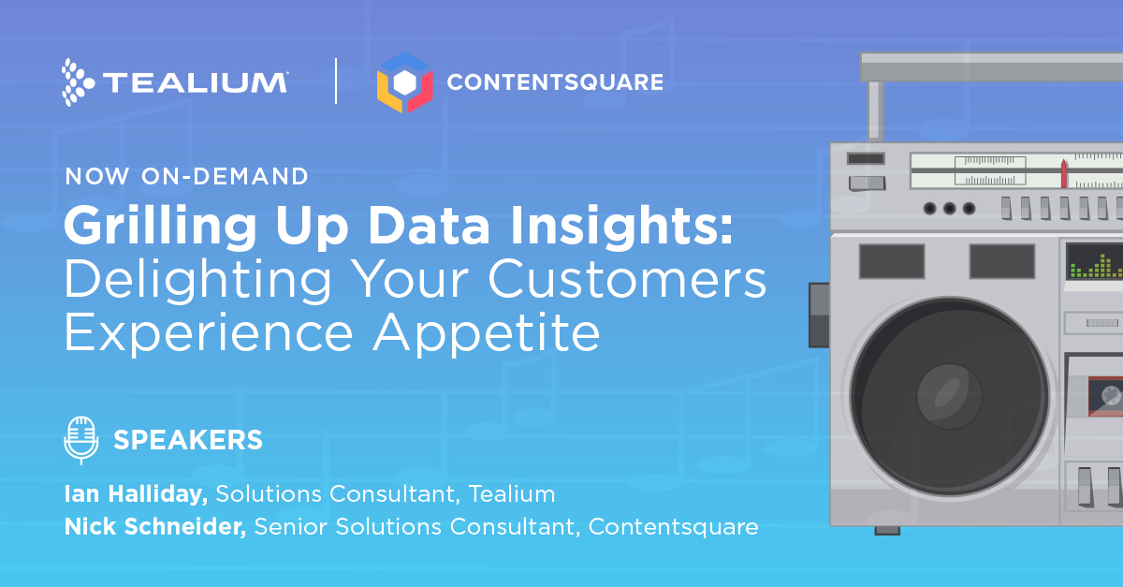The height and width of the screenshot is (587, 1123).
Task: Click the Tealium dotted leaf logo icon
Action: pyautogui.click(x=78, y=82)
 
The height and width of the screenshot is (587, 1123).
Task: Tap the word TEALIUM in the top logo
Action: pyautogui.click(x=195, y=82)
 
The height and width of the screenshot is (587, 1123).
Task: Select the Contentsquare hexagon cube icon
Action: pyautogui.click(x=404, y=82)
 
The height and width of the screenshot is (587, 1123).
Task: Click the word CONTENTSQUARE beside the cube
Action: pyautogui.click(x=555, y=82)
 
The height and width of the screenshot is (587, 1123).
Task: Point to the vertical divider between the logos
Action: pyautogui.click(x=336, y=81)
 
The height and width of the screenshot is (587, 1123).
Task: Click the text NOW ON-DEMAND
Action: pyautogui.click(x=186, y=176)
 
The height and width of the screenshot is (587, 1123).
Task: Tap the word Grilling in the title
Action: pyautogui.click(x=160, y=226)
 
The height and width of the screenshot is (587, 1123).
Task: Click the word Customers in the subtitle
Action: pyautogui.click(x=627, y=279)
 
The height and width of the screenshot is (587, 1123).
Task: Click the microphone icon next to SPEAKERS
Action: pyautogui.click(x=81, y=440)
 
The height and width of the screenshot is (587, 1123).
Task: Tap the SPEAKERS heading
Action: pyautogui.click(x=188, y=440)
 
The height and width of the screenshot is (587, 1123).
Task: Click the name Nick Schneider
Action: pyautogui.click(x=155, y=526)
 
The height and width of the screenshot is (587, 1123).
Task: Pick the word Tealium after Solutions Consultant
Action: pyautogui.click(x=512, y=493)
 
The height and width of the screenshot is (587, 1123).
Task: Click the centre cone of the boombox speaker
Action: pyautogui.click(x=950, y=396)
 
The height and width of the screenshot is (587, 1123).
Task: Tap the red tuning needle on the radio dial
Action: pyautogui.click(x=1064, y=174)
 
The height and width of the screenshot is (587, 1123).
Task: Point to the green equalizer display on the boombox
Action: pyautogui.click(x=1095, y=262)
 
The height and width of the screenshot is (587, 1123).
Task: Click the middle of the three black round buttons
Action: pyautogui.click(x=949, y=208)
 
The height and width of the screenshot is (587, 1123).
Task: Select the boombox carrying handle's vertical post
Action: pyautogui.click(x=876, y=110)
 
